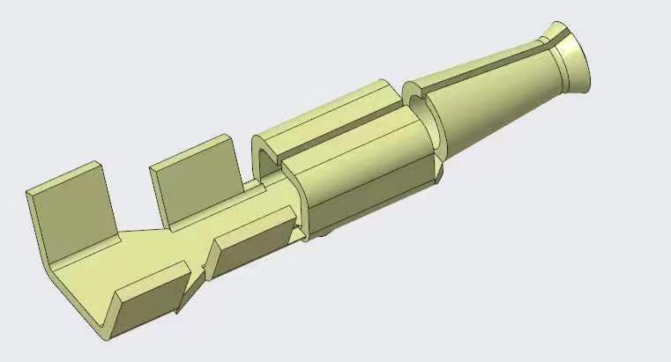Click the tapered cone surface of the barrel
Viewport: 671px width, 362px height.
[x=494, y=97]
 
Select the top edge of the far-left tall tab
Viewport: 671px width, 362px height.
[x=62, y=177]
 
